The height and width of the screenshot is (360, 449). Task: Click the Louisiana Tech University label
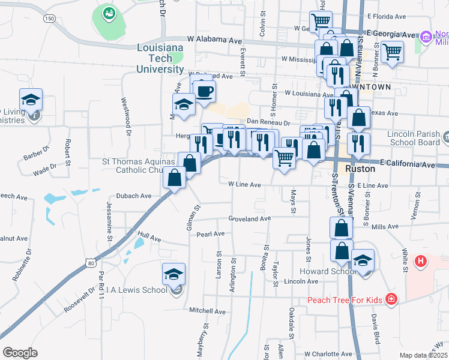(160, 58)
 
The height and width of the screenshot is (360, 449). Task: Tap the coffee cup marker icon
(204, 91)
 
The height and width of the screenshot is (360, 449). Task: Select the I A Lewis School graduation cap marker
(173, 275)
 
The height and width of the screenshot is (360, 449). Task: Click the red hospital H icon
(421, 262)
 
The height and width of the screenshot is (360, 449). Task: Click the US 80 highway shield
(90, 262)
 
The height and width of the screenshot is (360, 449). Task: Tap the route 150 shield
(50, 19)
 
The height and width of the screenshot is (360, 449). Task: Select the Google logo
(20, 353)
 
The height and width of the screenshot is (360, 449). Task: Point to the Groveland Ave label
(250, 219)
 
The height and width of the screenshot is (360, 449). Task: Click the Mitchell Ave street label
(207, 311)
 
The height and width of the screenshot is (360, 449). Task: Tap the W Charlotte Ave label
(329, 354)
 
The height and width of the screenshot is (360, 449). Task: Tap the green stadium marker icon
(109, 13)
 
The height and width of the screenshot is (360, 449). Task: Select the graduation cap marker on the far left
(31, 100)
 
